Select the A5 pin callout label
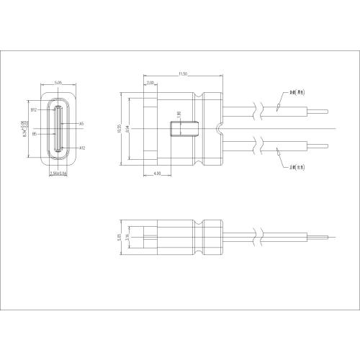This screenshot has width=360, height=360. (x=81, y=124)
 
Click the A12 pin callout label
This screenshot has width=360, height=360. (x=82, y=147)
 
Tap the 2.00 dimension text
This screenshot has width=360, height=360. (x=150, y=83)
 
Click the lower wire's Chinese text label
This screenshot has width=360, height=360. (x=298, y=168)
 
